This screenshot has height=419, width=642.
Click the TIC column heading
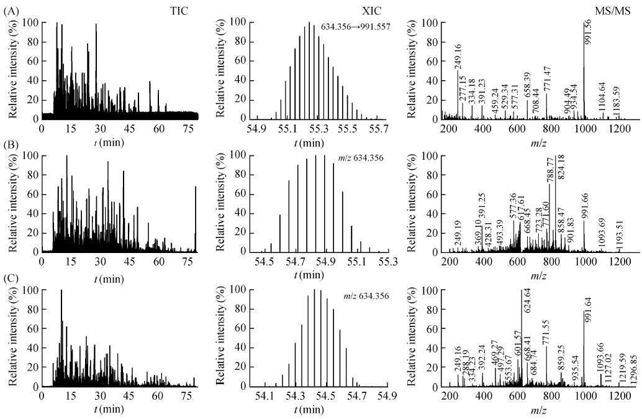point(179,10)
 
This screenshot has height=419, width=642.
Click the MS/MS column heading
point(613,10)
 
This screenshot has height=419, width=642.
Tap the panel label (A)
point(9,9)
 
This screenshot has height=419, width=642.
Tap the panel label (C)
point(9,276)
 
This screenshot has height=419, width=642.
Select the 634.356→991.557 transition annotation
point(356,27)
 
